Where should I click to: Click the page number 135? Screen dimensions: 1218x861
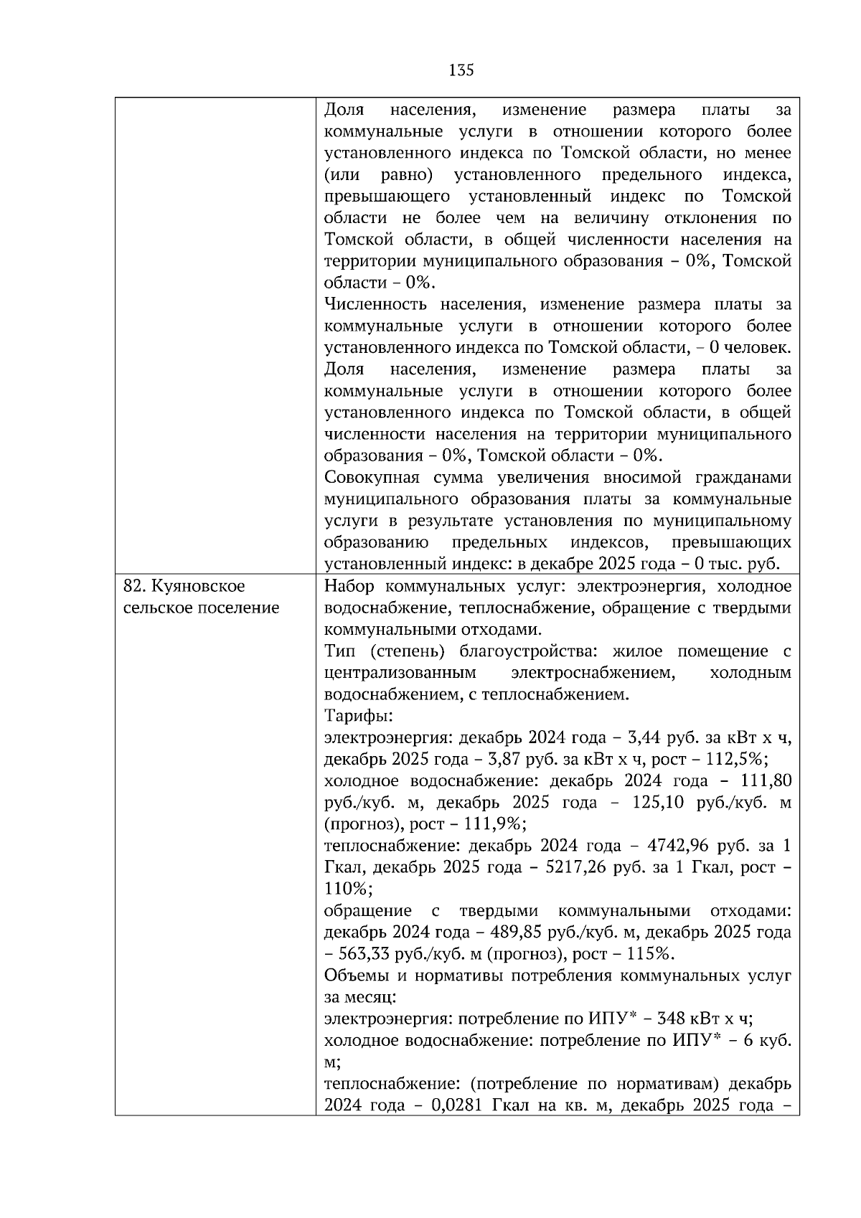pyautogui.click(x=461, y=70)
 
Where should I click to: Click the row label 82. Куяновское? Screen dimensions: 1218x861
pyautogui.click(x=184, y=586)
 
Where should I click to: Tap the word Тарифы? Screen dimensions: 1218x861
pyautogui.click(x=357, y=716)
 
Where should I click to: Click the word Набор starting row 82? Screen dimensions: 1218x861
pyautogui.click(x=349, y=586)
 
